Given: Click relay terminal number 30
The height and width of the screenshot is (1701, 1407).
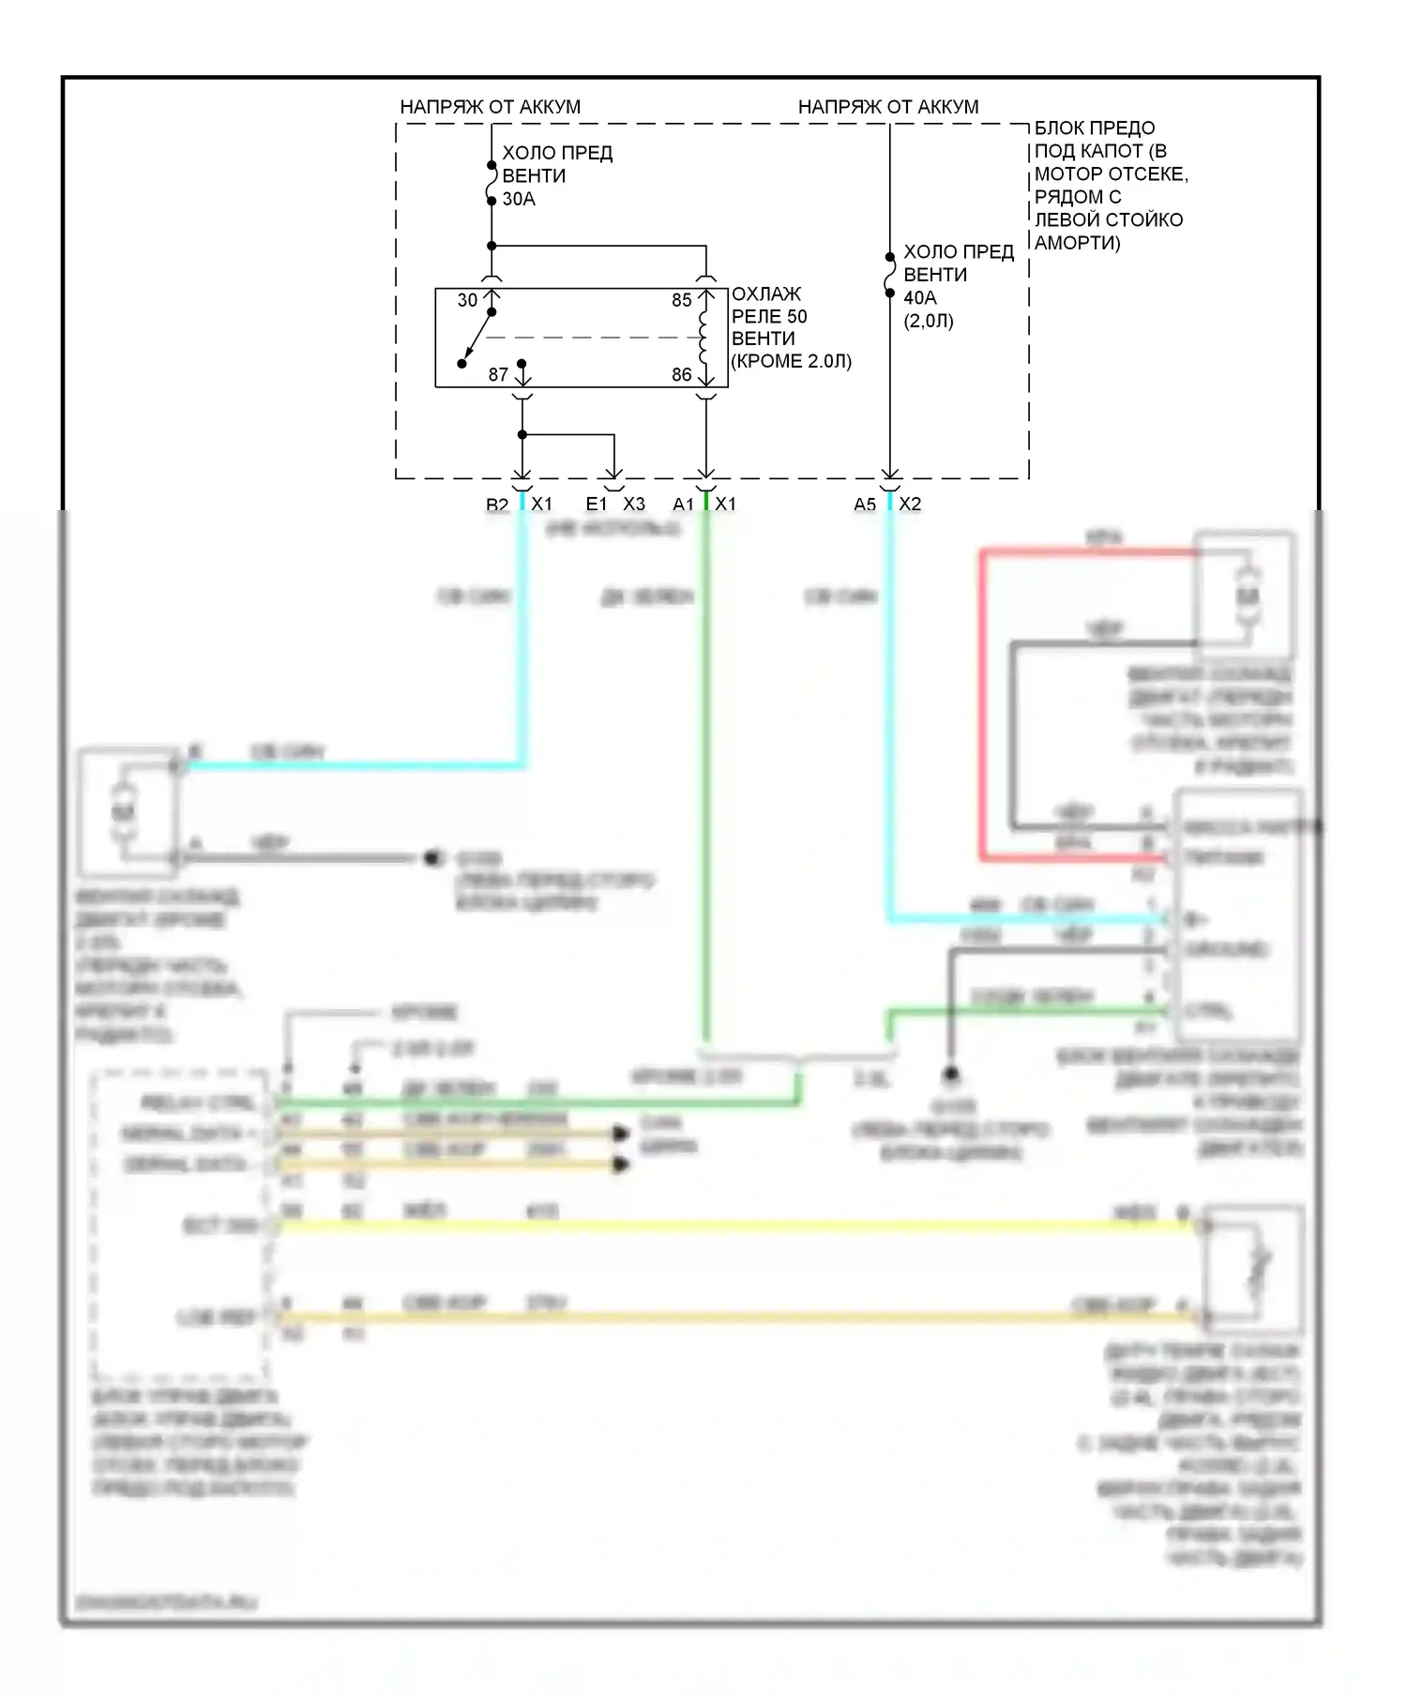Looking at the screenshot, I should point(467,301).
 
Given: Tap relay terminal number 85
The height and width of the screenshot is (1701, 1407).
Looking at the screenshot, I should point(681,301).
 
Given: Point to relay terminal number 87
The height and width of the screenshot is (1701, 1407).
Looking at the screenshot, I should point(498,375).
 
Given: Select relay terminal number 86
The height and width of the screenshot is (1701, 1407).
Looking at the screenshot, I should point(681,375).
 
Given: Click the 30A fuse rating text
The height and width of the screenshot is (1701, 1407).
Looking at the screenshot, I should point(519,199).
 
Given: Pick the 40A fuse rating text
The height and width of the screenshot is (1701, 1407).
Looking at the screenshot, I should point(919,298).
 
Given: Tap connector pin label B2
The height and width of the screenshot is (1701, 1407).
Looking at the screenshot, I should point(496,504).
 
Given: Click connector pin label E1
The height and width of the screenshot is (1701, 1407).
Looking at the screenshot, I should point(597,504).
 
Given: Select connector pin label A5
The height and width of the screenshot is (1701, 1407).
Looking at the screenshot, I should point(864,504).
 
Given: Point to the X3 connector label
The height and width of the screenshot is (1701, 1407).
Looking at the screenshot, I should point(634,504).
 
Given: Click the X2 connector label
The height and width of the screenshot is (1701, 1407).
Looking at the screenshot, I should point(910,504).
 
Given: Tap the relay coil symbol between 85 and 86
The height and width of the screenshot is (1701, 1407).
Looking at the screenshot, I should point(703,338).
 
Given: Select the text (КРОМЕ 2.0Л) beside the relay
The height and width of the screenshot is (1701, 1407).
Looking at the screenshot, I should point(791,362).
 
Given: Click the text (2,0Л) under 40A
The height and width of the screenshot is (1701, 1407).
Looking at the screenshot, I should point(929,321).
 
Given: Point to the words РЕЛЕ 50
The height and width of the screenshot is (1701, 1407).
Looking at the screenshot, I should point(769,316).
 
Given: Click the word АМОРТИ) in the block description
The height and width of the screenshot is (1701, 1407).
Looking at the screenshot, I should point(1078,243).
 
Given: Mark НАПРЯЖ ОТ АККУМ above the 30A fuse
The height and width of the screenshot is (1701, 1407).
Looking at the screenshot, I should point(490,107).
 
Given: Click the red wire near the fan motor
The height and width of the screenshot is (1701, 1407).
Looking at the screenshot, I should point(981,703).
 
